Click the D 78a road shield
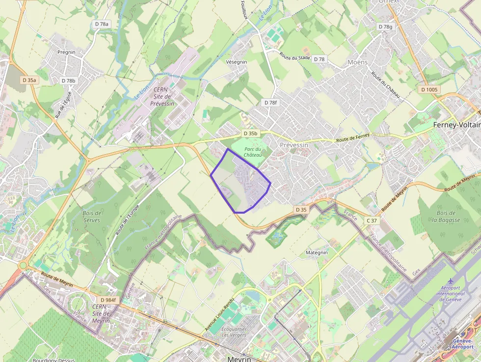tap(102, 24)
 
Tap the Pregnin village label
tap(66, 52)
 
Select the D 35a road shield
tap(29, 80)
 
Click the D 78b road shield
tap(69, 81)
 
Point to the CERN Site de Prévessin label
tap(162, 96)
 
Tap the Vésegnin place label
tap(237, 62)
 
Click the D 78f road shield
tap(270, 103)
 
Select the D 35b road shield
tap(250, 133)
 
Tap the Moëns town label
tap(357, 62)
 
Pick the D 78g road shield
tap(386, 26)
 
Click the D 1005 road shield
tap(429, 89)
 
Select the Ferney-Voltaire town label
tap(456, 125)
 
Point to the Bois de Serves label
tap(92, 217)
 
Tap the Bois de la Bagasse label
tap(446, 216)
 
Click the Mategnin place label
tap(317, 252)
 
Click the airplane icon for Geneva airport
tap(450, 281)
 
